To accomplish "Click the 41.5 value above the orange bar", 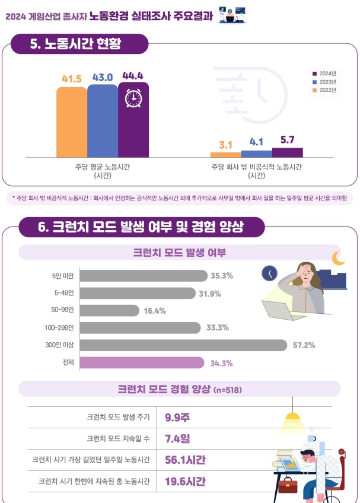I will tap(71, 78).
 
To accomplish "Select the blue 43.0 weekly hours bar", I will tap(102, 122).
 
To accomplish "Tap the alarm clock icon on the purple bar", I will tap(133, 98).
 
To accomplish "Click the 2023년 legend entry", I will tap(323, 82).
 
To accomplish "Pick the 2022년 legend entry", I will tap(323, 91).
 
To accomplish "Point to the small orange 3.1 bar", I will tap(225, 154).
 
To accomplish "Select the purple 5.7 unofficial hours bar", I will tap(287, 152).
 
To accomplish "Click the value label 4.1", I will tap(256, 142).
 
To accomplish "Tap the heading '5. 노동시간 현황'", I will tap(79, 44).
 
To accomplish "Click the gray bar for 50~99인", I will tap(109, 310).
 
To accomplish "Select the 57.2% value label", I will tap(303, 345).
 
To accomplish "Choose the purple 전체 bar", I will tap(141, 362).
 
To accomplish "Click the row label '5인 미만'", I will tap(62, 276).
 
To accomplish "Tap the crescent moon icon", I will tap(338, 258).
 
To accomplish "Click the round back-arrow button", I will tap(269, 273).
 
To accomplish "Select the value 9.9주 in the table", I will tap(177, 417).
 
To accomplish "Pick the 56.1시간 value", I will tap(184, 460).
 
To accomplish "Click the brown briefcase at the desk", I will tap(288, 486).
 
